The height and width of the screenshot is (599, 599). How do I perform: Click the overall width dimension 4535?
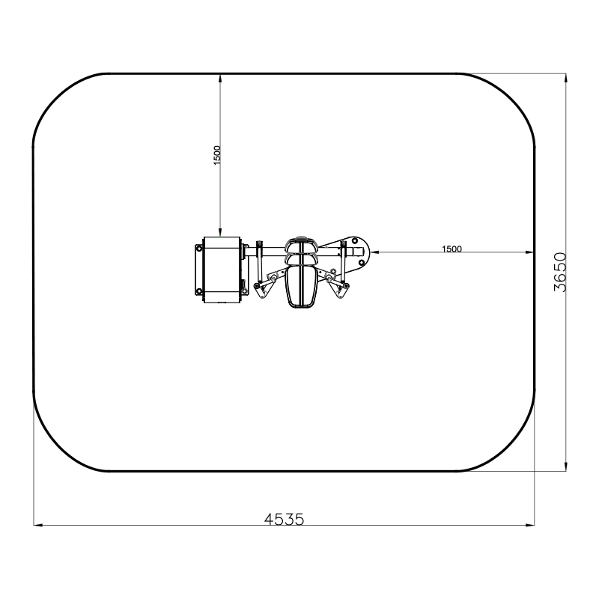[285, 519]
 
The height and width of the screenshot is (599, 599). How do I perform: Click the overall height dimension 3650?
[560, 272]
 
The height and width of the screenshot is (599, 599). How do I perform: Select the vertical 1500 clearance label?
[217, 155]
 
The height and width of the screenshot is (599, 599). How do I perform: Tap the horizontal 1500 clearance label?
[452, 249]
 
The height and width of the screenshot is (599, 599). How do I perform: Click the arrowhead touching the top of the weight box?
[220, 232]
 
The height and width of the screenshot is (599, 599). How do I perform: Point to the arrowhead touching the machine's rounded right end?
[374, 252]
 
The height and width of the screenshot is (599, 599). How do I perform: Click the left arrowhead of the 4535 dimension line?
[38, 526]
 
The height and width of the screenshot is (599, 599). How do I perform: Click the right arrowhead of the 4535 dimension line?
[530, 526]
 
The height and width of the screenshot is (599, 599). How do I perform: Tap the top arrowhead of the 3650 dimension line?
[566, 78]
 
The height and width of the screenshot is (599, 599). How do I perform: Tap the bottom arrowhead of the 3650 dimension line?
[566, 466]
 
